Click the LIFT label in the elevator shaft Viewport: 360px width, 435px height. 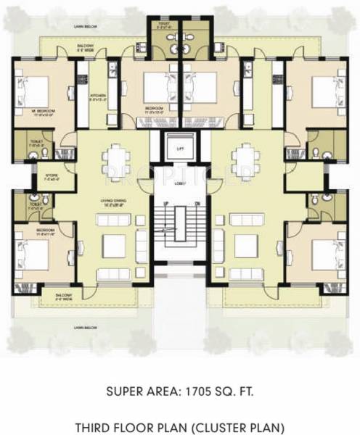(179, 148)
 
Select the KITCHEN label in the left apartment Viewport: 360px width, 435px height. (97, 96)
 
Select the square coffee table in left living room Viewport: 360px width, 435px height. (114, 247)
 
